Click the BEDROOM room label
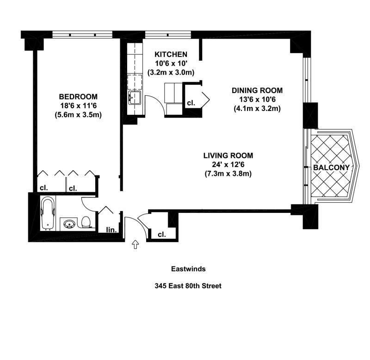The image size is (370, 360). [78, 97]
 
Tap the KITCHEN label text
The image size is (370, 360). [171, 54]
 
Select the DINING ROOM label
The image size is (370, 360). [257, 90]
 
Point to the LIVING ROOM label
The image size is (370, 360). [228, 155]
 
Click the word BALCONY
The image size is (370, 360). [331, 168]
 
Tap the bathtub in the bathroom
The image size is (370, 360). [48, 214]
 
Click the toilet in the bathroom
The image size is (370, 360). [86, 222]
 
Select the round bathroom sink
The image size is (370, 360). [69, 224]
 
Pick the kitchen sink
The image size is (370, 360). [135, 98]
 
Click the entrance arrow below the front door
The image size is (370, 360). [135, 245]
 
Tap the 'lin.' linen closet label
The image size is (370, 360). [111, 230]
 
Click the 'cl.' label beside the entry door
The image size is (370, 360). [161, 235]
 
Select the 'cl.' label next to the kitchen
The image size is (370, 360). [191, 103]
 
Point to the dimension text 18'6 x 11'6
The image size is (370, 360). [78, 106]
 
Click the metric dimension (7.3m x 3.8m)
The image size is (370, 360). [228, 174]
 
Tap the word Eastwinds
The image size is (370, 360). [188, 269]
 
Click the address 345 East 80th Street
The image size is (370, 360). [188, 286]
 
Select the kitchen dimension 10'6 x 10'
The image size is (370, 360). [171, 63]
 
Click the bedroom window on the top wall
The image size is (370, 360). [82, 35]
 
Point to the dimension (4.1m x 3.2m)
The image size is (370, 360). [257, 109]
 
